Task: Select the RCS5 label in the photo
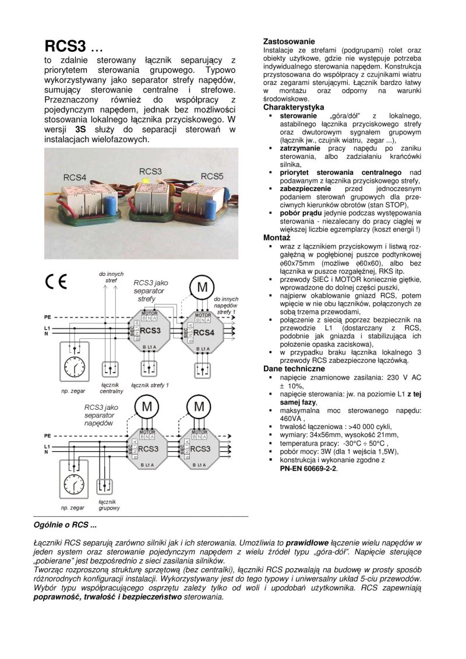(212, 176)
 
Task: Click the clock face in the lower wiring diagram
(73, 485)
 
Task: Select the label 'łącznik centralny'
(111, 388)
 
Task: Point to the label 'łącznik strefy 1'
(150, 385)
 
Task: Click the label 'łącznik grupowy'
(109, 505)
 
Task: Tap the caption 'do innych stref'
(111, 277)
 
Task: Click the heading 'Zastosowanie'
(289, 42)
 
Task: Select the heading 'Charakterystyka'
(294, 108)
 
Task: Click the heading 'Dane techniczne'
(294, 369)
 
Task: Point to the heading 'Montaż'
(277, 238)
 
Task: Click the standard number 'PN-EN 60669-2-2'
(308, 467)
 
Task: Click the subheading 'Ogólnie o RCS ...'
(65, 526)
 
